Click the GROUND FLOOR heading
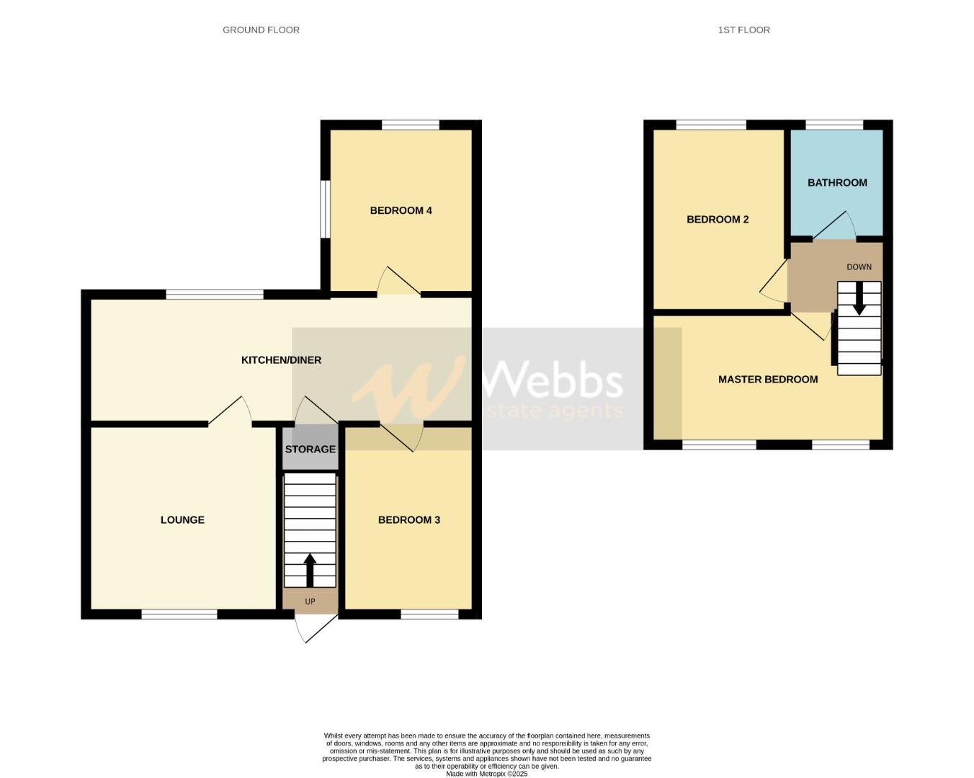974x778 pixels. tap(261, 30)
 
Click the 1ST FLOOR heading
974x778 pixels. tap(743, 30)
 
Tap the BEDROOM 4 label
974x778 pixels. tap(401, 210)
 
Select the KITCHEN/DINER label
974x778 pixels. tap(281, 360)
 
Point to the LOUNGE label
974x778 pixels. tap(182, 520)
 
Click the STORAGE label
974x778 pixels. tap(310, 450)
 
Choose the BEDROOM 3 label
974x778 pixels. tap(408, 520)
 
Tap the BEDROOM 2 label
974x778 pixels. tap(718, 219)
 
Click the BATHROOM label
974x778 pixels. tap(837, 183)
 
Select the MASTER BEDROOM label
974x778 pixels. tap(768, 380)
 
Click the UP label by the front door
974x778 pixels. tap(310, 602)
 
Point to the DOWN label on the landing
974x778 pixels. tap(859, 267)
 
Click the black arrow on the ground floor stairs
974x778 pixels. tap(310, 569)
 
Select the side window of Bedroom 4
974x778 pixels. tap(325, 209)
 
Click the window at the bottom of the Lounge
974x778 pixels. tap(179, 614)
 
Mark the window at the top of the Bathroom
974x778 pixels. tap(834, 125)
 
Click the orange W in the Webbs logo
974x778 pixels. tap(408, 389)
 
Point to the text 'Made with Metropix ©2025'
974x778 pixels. tap(486, 774)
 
